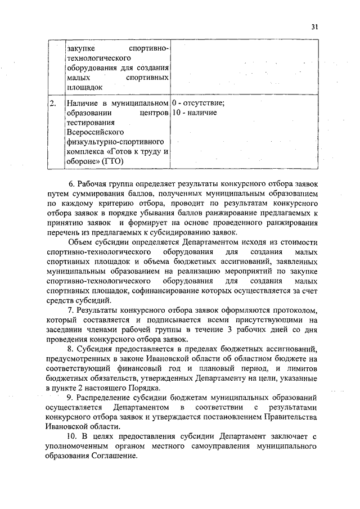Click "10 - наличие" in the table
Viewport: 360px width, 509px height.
pos(194,113)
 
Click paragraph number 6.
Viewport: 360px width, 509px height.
pos(71,184)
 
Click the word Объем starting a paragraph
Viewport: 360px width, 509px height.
pos(80,242)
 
